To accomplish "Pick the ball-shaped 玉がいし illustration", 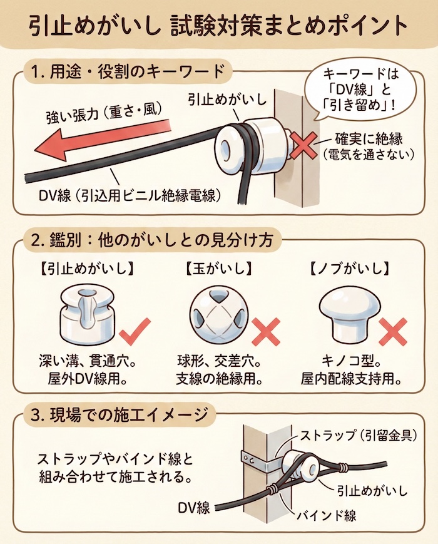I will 217,314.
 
